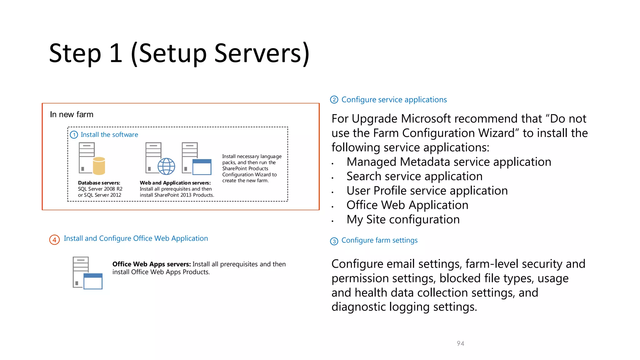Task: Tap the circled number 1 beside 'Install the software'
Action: (74, 135)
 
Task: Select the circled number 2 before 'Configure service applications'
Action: (334, 100)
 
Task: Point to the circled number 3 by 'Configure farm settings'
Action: (334, 241)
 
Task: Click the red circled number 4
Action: (54, 240)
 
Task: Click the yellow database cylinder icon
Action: (99, 166)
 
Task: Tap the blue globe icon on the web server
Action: (166, 166)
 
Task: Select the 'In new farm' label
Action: (72, 115)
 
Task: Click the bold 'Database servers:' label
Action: (99, 183)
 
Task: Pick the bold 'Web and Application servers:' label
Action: (175, 183)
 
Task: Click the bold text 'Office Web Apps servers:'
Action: (152, 264)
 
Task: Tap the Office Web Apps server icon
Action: (87, 273)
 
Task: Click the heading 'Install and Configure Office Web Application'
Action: (136, 238)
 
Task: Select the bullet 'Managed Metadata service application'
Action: (449, 162)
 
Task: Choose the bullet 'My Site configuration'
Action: (403, 220)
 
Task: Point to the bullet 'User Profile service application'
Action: (427, 191)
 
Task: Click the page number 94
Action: (460, 343)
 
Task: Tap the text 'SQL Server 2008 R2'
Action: (100, 189)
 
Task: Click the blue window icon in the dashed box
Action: (202, 167)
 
